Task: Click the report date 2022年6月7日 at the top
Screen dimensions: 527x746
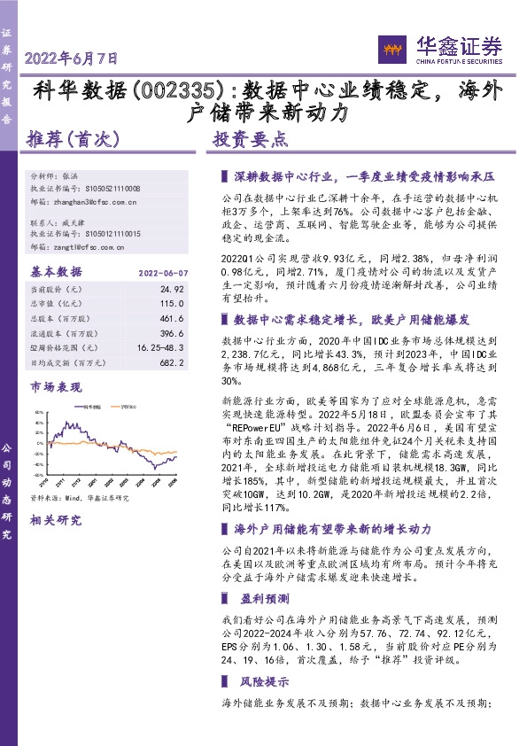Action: coord(72,59)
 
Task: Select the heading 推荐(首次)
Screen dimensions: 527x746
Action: coord(68,139)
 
